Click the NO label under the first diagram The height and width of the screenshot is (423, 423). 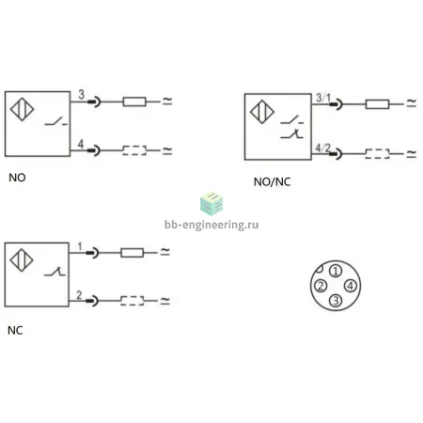coord(17,178)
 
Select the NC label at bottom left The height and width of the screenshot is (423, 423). coord(15,330)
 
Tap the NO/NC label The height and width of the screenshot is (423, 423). coord(272,181)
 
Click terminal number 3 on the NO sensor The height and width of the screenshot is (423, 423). coord(81,94)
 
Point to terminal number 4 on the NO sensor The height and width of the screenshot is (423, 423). coord(81,144)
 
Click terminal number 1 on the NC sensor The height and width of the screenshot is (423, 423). coord(80,246)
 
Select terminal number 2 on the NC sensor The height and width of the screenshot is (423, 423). coord(79,295)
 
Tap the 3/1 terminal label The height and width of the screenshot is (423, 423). coord(323,98)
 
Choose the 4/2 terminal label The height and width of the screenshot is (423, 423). coord(322,148)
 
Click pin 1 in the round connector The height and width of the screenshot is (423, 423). coord(336,271)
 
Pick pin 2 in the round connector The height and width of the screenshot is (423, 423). coord(321,286)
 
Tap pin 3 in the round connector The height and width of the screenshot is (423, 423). coord(336,301)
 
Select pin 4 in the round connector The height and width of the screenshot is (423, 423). coord(351,286)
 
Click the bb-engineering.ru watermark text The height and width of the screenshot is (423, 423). coord(211,225)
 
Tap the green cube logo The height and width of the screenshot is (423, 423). coord(211,204)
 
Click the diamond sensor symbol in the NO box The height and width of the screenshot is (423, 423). coord(22,109)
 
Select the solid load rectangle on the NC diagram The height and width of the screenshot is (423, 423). coord(133,253)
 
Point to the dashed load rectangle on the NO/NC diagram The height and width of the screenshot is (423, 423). coord(377,153)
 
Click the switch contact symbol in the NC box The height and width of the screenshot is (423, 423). coord(55,272)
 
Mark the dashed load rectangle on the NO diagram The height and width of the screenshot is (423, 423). coord(134,150)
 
